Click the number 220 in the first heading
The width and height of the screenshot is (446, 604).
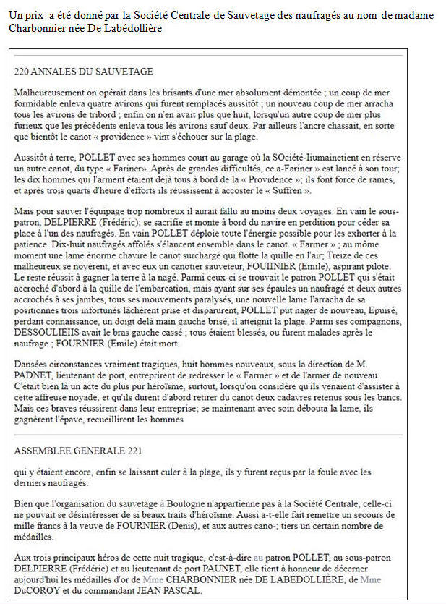point(22,72)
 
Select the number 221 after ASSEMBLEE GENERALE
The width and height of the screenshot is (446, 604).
point(133,451)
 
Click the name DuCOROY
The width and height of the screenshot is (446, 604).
point(33,590)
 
